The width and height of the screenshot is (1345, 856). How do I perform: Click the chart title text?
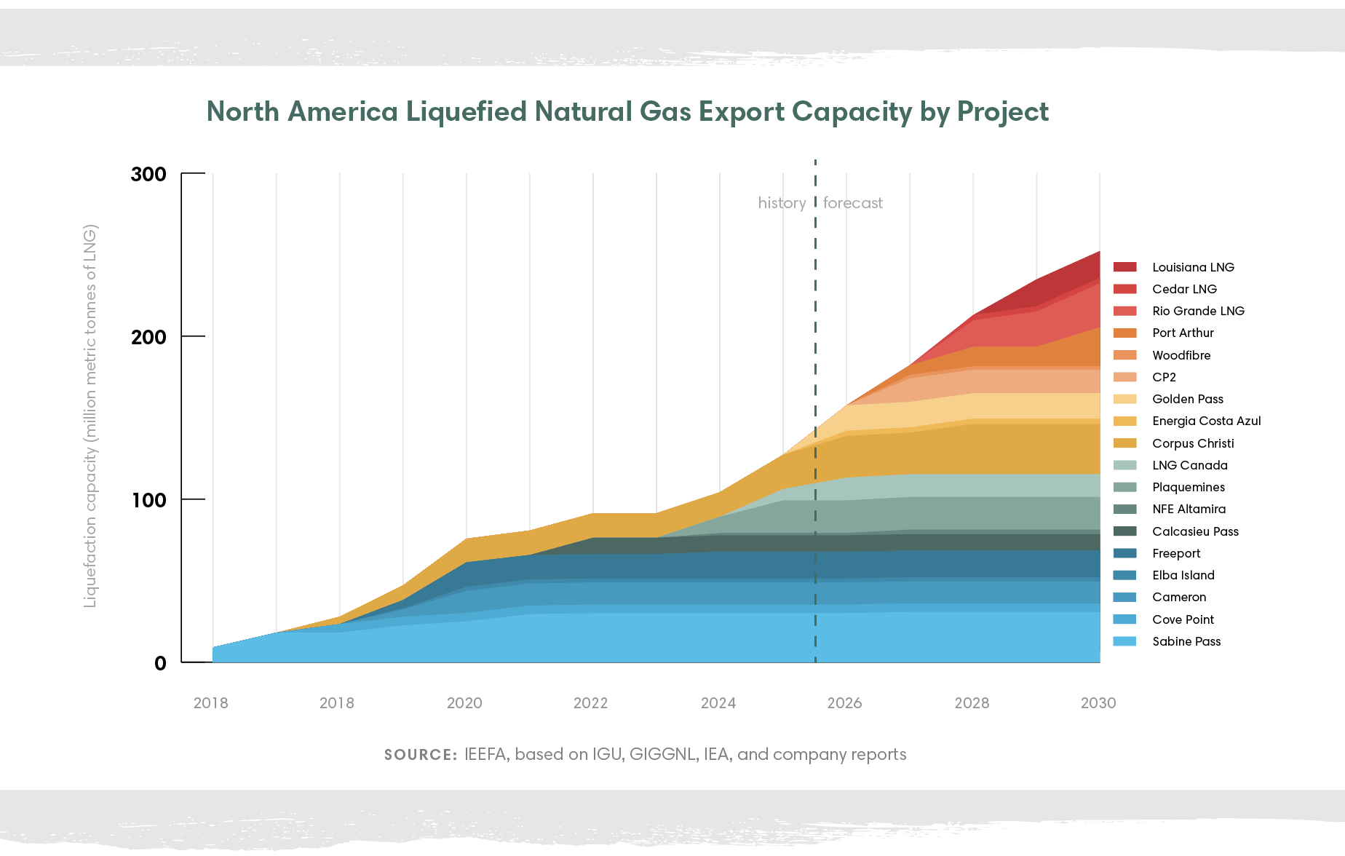coord(627,112)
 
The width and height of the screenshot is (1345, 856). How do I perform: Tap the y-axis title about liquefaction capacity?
coord(90,416)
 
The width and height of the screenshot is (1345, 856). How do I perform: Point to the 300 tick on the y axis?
coord(148,175)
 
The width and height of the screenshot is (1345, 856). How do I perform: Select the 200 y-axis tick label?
coord(148,338)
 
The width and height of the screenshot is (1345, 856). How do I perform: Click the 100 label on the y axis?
coord(148,501)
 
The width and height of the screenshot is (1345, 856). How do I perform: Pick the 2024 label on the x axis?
coord(718,703)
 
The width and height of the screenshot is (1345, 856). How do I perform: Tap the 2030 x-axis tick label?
coord(1098,703)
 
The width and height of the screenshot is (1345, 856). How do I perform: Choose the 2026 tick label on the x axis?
coord(844,703)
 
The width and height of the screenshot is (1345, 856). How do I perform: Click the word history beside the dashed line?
coord(782,203)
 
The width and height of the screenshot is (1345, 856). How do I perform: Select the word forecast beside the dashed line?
coord(853,203)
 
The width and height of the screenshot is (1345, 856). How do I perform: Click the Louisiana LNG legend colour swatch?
coord(1124,267)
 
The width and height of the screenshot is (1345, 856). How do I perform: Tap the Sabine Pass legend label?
coord(1186,641)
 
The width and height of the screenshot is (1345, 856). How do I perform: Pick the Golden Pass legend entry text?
coord(1188,399)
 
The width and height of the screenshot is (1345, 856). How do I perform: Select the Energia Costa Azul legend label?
coord(1206,421)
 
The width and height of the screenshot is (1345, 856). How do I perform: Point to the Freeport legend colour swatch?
coord(1124,553)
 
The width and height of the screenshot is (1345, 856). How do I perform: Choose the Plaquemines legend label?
coord(1189,487)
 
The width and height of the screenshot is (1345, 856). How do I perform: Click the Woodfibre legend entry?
coord(1181,355)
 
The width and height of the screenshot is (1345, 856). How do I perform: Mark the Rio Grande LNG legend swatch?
coord(1124,311)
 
